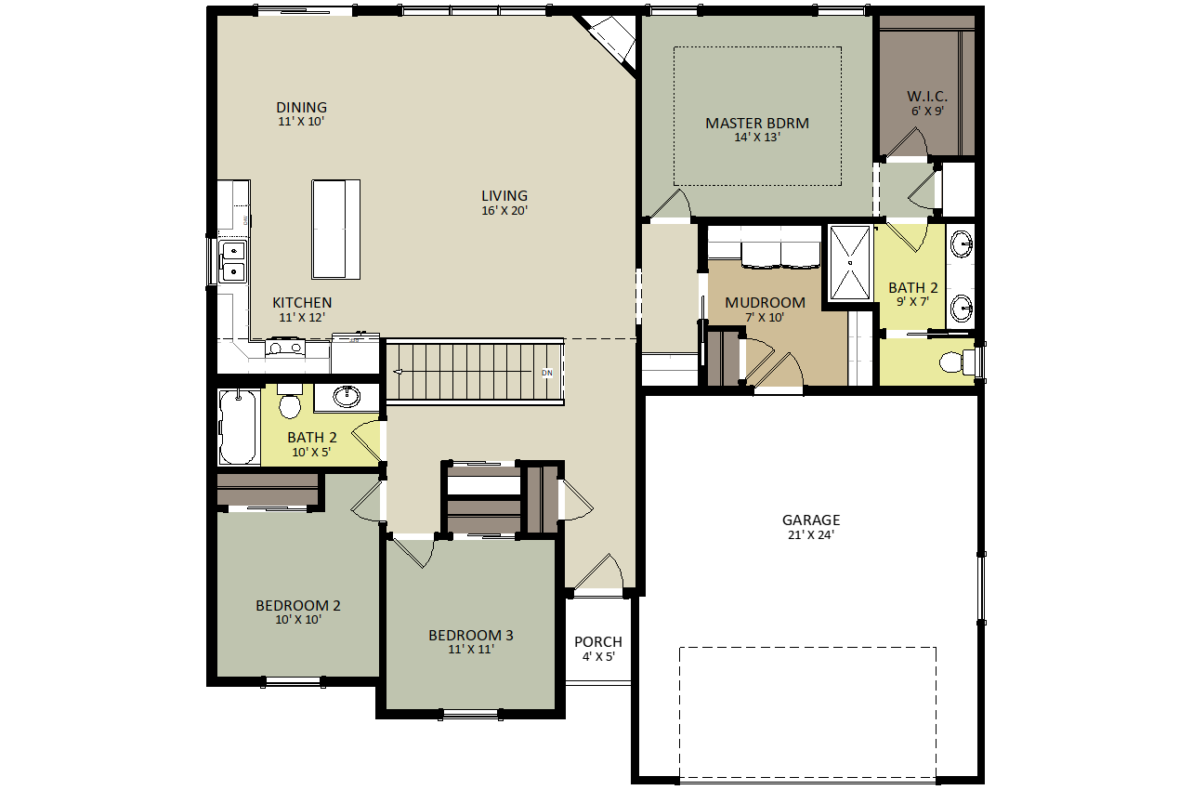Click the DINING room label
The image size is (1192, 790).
coord(302,107)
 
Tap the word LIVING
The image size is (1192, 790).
coord(504,196)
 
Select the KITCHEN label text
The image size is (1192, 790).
coord(302,303)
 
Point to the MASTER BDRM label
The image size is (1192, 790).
coord(757,124)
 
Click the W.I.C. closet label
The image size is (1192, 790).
coord(927,97)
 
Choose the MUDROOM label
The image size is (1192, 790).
coord(765,303)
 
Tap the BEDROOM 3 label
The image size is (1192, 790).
coord(471,636)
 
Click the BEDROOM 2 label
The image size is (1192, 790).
coord(298,606)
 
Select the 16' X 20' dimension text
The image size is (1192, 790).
coord(504,211)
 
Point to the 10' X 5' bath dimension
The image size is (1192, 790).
coord(311,452)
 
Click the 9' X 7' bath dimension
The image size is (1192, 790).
coord(913,301)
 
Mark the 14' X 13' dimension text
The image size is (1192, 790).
coord(757,138)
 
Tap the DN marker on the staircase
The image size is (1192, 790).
coord(547,373)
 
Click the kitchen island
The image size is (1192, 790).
coord(335,230)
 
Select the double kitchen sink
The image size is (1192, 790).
coord(232,261)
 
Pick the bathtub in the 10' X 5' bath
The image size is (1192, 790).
coord(239,427)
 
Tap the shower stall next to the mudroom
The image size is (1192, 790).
coord(850,263)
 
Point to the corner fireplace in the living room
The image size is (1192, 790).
coord(612,40)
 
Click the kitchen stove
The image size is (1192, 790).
coord(286,348)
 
